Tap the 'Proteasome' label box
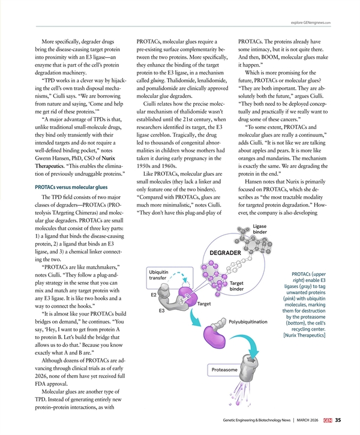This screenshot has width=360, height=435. pyautogui.click(x=224, y=370)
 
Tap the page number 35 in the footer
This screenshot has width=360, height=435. pyautogui.click(x=339, y=419)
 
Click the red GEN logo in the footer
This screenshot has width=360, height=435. pyautogui.click(x=327, y=419)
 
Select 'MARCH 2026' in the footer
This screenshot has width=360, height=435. pyautogui.click(x=306, y=419)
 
